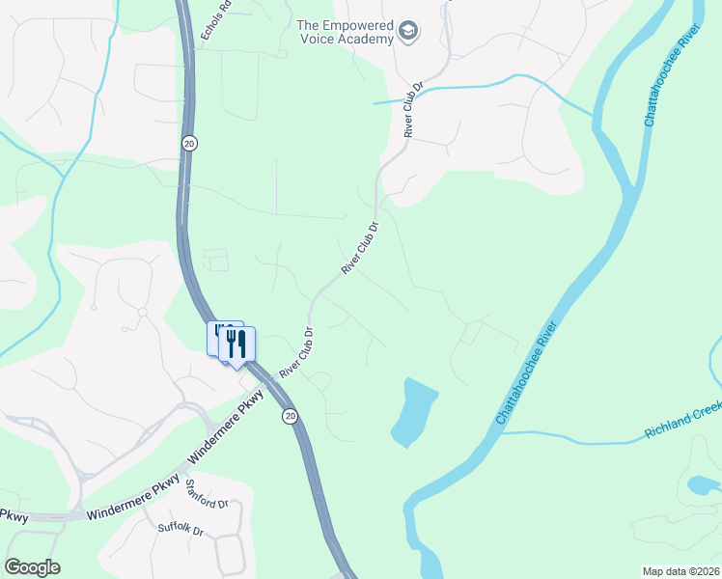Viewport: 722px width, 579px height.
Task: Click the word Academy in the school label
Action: tap(372, 39)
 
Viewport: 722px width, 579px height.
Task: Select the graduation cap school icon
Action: tap(409, 32)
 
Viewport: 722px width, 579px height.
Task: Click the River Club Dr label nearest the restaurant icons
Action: tap(297, 353)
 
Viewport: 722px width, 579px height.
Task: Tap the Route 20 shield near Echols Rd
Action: tap(188, 143)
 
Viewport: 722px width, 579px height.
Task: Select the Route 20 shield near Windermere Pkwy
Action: tap(290, 416)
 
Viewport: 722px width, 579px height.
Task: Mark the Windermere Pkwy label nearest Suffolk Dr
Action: tap(132, 498)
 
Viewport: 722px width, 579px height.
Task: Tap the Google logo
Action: tap(32, 567)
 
